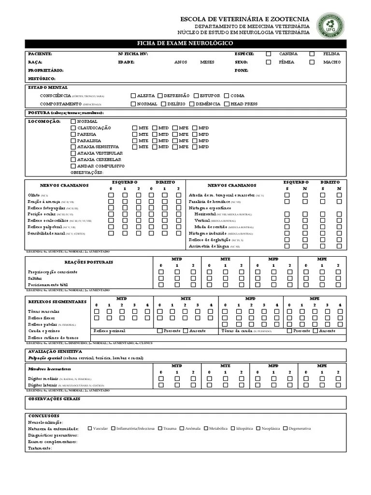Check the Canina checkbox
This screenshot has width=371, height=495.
tap(269, 54)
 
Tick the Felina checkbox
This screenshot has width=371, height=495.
tap(312, 54)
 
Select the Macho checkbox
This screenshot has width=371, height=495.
tap(312, 62)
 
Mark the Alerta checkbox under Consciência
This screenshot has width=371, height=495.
tap(133, 96)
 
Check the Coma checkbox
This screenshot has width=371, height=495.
tap(226, 96)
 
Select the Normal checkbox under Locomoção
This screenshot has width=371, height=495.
tap(73, 121)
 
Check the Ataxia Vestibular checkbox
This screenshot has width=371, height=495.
tap(73, 153)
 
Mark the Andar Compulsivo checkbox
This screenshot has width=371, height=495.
tap(73, 166)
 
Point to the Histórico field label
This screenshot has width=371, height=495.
tap(42, 78)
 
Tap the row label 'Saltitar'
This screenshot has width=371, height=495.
tap(35, 278)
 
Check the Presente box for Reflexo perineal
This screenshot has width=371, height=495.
tap(160, 331)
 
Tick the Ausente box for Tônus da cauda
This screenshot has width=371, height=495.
tap(315, 331)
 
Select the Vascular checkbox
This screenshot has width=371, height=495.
tap(89, 428)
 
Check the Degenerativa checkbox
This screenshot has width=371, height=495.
tap(285, 428)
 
